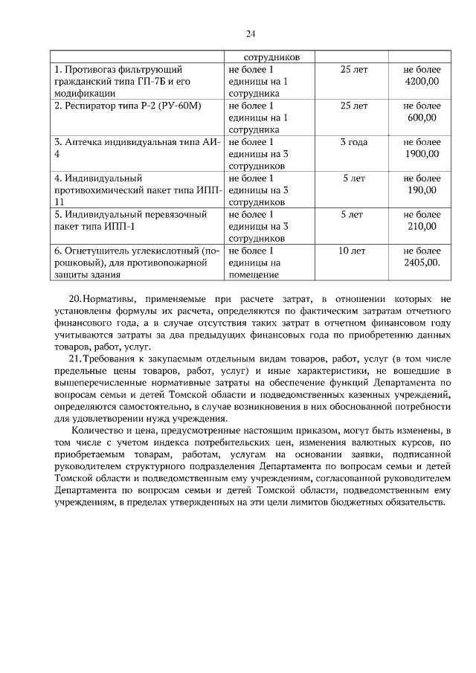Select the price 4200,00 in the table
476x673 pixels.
point(422,82)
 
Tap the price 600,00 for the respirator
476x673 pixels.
point(422,117)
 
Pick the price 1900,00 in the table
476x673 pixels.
point(422,154)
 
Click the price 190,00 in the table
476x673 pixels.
point(422,190)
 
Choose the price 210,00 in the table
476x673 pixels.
point(422,227)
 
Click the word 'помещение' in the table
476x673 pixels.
point(248,275)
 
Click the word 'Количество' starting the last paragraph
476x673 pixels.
point(96,431)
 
